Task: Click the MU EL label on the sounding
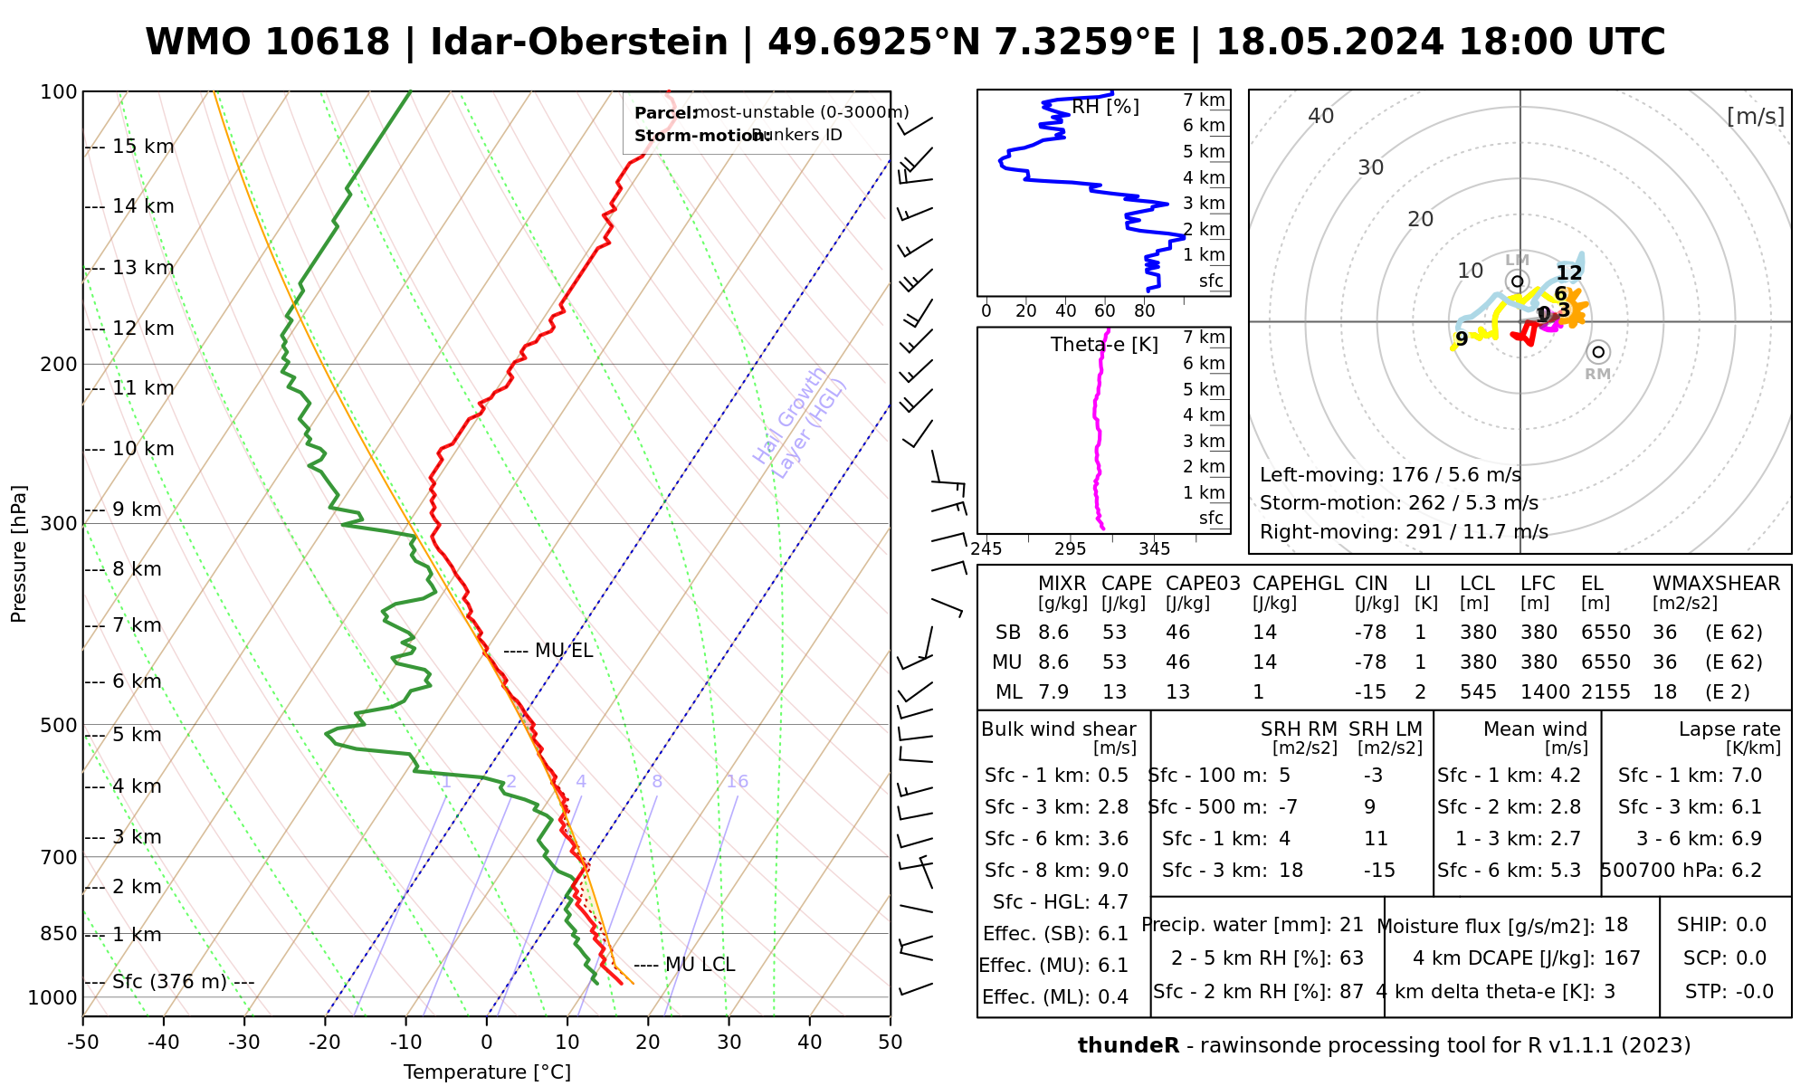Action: click(563, 651)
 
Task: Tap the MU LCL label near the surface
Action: click(700, 965)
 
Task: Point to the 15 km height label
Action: click(143, 147)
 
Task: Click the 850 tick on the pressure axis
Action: click(60, 933)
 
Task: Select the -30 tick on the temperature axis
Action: click(244, 1042)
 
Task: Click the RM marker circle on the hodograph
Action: click(1598, 352)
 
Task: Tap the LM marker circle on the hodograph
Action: click(1518, 281)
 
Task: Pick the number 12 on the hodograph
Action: click(1569, 273)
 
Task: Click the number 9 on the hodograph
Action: click(1462, 339)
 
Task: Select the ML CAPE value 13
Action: click(1114, 692)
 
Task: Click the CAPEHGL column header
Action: click(1298, 584)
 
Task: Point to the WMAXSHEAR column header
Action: click(1716, 584)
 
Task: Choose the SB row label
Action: click(1008, 633)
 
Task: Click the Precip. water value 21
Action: click(1351, 925)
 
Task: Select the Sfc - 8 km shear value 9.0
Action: click(1112, 871)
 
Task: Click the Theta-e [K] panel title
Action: click(1104, 345)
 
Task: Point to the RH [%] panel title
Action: click(1105, 107)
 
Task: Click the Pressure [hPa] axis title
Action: click(19, 554)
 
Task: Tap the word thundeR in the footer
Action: click(1129, 1046)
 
